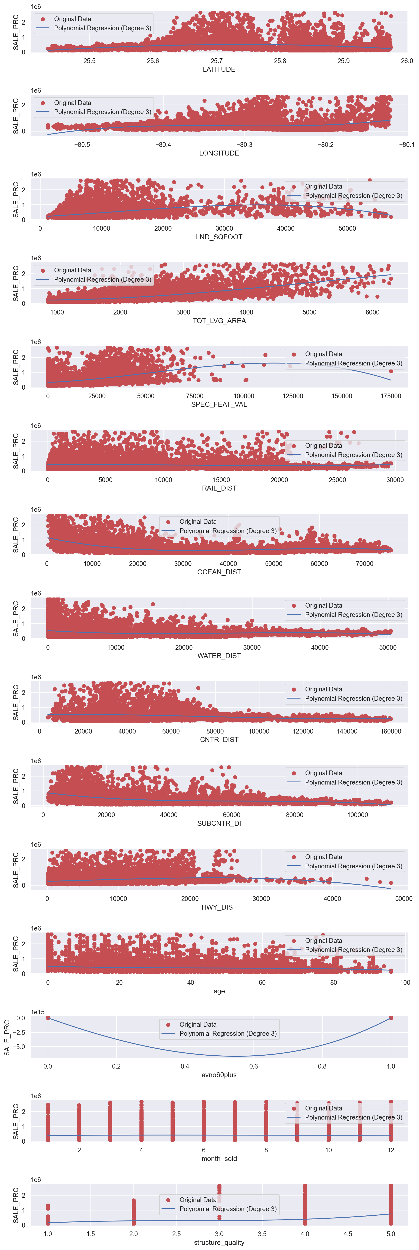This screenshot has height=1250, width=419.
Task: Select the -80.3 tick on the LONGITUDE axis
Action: click(244, 145)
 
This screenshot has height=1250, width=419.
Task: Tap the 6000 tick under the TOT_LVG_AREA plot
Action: click(372, 312)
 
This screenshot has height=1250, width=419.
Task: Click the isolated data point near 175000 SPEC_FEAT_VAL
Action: click(391, 371)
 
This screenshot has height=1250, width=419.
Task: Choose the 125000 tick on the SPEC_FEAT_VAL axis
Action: click(293, 396)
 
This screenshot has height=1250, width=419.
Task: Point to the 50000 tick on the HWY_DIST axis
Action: click(403, 899)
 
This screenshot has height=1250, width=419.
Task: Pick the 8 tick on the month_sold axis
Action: click(266, 1150)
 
